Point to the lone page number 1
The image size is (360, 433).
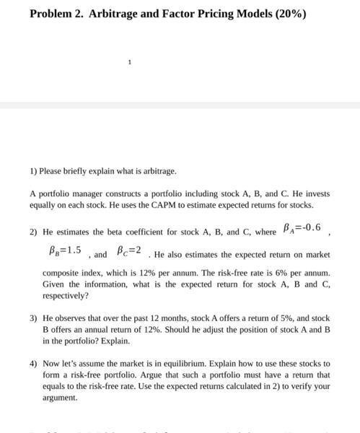(129, 62)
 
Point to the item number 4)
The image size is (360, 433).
(33, 364)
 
